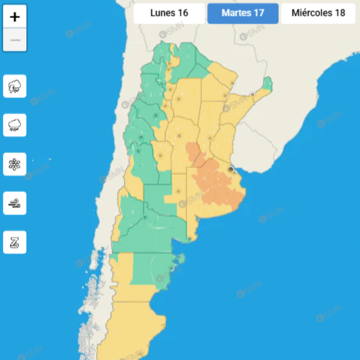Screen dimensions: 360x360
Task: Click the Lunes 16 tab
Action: pyautogui.click(x=169, y=13)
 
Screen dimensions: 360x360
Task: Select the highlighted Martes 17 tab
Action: pyautogui.click(x=243, y=13)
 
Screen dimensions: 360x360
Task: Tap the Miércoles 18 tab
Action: pyautogui.click(x=318, y=13)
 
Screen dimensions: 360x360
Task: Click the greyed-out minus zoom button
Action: pyautogui.click(x=15, y=40)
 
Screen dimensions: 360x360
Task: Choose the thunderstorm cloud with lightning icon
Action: pyautogui.click(x=15, y=86)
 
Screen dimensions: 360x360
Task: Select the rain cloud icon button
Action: pyautogui.click(x=15, y=125)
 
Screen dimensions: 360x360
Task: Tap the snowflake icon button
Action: pyautogui.click(x=15, y=164)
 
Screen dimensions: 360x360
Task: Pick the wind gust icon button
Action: pyautogui.click(x=15, y=203)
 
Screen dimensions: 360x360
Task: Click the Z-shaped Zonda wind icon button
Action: pyautogui.click(x=15, y=242)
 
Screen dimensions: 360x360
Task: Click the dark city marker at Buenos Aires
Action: pyautogui.click(x=230, y=169)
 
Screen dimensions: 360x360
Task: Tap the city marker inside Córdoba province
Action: pyautogui.click(x=180, y=136)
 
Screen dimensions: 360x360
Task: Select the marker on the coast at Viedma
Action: pyautogui.click(x=190, y=239)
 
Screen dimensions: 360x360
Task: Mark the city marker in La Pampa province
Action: pyautogui.click(x=178, y=191)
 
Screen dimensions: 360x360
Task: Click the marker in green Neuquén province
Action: pyautogui.click(x=145, y=217)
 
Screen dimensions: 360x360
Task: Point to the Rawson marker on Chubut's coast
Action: pyautogui.click(x=171, y=268)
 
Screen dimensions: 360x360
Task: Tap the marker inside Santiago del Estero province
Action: pyautogui.click(x=179, y=99)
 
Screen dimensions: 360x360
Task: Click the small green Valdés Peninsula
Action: pyautogui.click(x=181, y=259)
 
